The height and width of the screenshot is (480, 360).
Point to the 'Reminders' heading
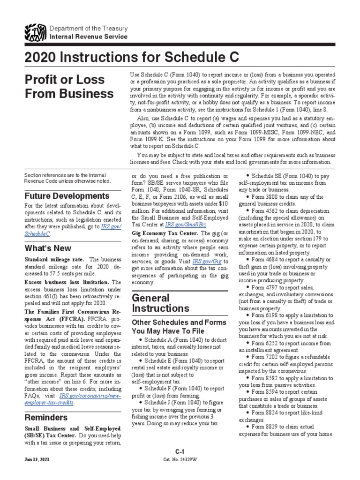point(45,417)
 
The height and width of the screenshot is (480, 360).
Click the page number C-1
point(180,451)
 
